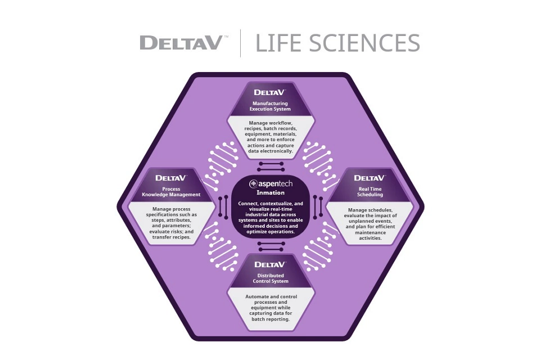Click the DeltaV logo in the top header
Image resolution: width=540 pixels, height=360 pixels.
coord(181,43)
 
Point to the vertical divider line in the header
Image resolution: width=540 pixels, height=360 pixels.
coord(241,43)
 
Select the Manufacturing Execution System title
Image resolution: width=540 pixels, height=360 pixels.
coord(271,106)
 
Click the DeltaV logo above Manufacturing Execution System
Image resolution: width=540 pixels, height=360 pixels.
coord(271,92)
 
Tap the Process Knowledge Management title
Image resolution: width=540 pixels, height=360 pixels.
coord(171,192)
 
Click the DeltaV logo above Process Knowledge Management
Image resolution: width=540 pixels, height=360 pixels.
coord(171,178)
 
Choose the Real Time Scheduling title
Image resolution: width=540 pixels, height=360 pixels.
coord(370,192)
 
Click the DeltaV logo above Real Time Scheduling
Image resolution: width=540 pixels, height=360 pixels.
coord(370,178)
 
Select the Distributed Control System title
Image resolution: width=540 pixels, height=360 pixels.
coord(271,278)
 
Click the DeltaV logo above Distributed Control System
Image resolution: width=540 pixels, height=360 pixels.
coord(271,264)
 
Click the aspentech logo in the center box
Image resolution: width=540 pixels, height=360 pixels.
coord(271,183)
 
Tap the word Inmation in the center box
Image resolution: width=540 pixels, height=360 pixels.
coord(271,192)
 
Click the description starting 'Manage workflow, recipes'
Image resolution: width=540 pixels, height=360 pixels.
coord(271,137)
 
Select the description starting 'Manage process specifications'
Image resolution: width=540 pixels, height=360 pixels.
coord(171,223)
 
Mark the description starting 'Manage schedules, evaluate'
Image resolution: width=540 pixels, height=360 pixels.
coord(370,223)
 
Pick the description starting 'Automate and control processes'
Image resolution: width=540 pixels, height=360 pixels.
coord(271,308)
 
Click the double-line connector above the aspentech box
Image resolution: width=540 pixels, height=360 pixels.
coord(271,166)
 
